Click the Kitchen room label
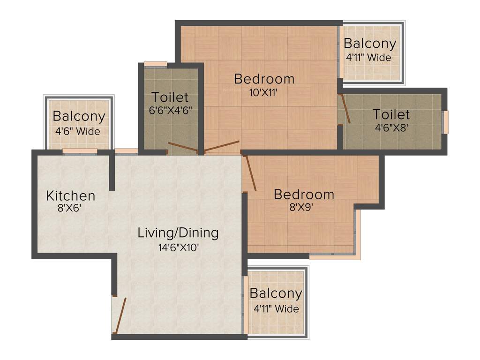coord(71,195)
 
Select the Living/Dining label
coord(178,232)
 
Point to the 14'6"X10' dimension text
coord(179,247)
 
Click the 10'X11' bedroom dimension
coord(264,93)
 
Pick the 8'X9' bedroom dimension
coord(304,207)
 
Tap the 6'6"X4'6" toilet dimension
coord(170,111)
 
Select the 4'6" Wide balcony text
coord(79,132)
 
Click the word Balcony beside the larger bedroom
coord(370,44)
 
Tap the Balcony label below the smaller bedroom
coord(276,294)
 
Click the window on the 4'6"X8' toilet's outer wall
coord(446,122)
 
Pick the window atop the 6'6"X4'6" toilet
coord(156,64)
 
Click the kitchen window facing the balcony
coord(80,151)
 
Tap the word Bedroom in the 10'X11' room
coord(264,79)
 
